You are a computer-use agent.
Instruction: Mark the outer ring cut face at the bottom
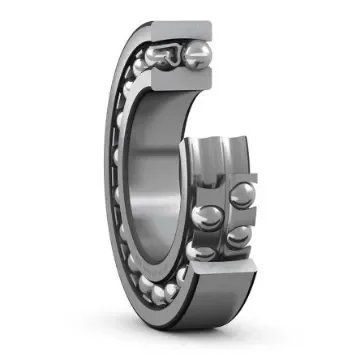coord(215,268)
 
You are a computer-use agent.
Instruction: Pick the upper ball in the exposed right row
coord(242,196)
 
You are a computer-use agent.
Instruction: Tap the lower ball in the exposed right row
coord(238,236)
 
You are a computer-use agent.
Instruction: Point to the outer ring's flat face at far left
coord(110,180)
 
